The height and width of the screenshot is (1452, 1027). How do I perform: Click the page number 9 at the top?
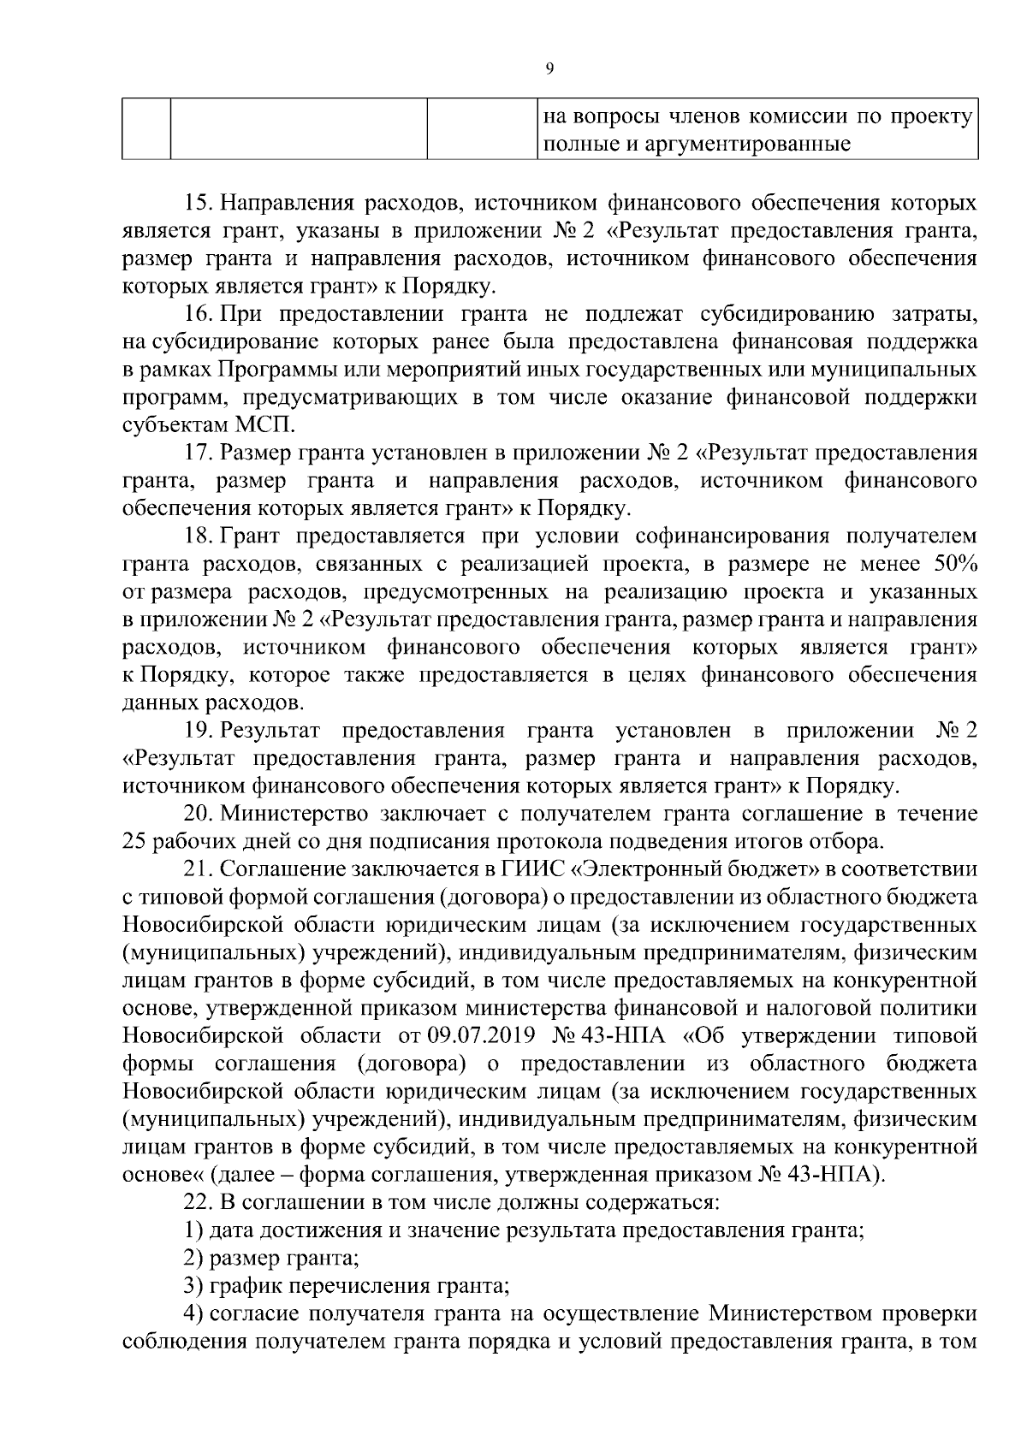[x=549, y=69]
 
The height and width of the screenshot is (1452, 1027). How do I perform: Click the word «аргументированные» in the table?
[x=745, y=144]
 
